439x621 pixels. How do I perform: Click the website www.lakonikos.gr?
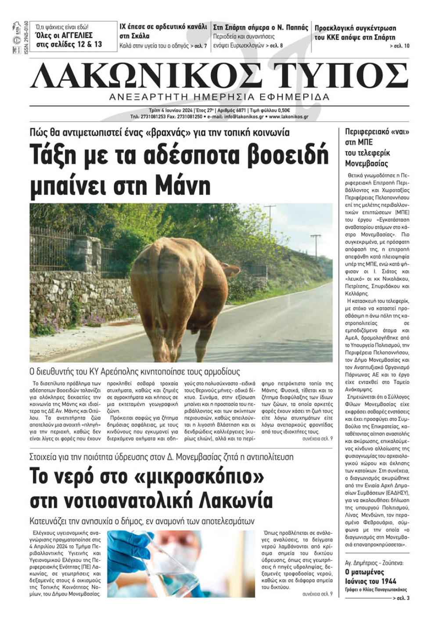tap(288, 117)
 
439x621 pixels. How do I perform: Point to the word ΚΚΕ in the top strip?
tap(337, 37)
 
